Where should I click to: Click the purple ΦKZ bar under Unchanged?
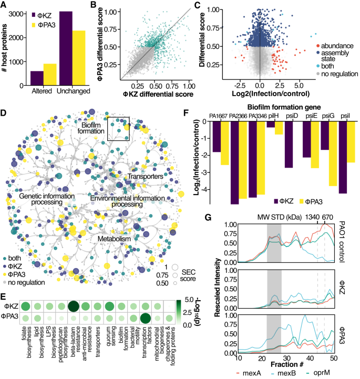pyautogui.click(x=65, y=48)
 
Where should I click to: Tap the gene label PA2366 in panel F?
pyautogui.click(x=238, y=116)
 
